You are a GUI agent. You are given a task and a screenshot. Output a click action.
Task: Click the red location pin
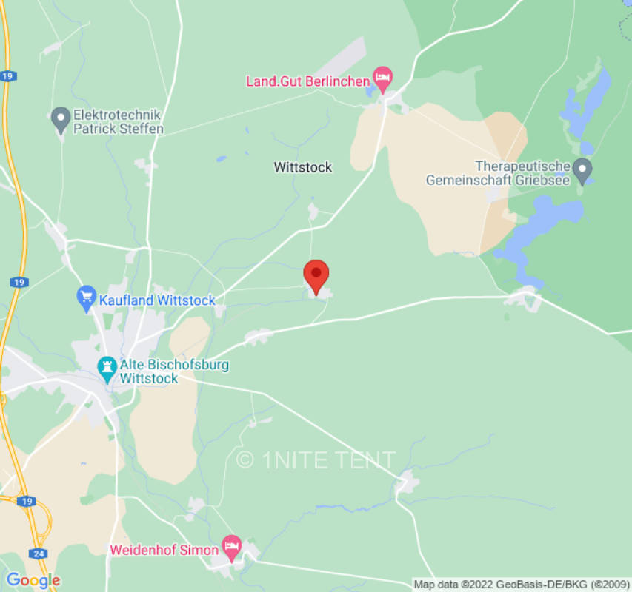tap(316, 276)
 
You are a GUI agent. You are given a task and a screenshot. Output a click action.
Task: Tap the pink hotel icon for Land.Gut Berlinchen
tap(382, 78)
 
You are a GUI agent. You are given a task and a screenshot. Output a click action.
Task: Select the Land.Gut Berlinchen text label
tap(307, 80)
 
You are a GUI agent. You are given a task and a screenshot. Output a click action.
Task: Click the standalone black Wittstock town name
tap(303, 167)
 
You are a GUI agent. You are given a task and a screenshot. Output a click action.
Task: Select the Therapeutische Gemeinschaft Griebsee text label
tap(502, 172)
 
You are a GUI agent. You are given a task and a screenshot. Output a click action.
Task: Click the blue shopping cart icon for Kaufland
tap(87, 298)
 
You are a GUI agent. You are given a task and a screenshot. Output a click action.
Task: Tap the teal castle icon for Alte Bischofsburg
tap(107, 368)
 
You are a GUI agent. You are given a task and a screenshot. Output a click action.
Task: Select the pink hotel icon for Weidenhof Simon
tap(232, 547)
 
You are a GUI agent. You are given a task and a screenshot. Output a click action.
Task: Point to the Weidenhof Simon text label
tap(164, 551)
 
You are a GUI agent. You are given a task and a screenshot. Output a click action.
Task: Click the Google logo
tap(33, 580)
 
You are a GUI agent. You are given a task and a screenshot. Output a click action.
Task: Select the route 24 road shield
tap(38, 553)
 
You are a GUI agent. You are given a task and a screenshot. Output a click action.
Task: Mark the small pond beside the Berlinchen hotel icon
tap(370, 92)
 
